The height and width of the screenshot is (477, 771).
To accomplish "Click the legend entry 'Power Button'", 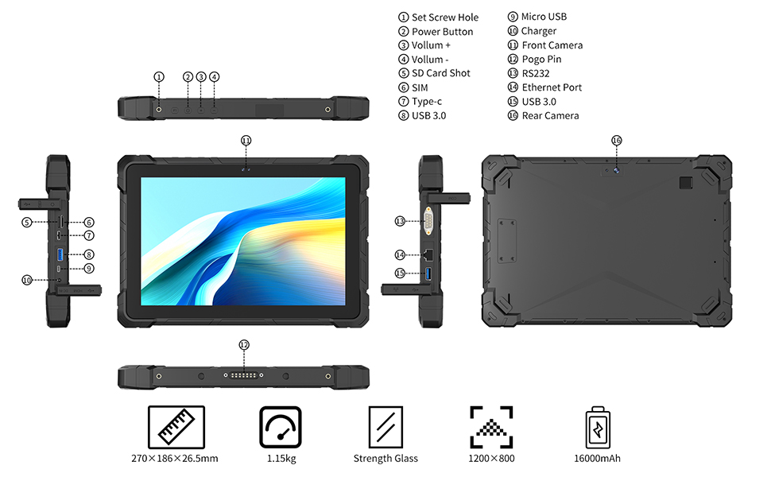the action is pos(442,32).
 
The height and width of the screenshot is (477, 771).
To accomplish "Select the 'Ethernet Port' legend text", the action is pos(552,87).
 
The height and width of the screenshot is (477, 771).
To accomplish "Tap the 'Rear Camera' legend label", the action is pos(550,115).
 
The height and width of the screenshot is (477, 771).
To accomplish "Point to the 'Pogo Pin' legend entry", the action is pos(541,60).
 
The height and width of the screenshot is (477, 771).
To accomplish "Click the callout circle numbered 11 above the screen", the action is pos(246,141).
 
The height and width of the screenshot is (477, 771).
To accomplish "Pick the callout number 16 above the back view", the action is pos(617,141).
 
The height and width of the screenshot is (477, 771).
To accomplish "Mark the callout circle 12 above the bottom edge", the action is pos(244,345).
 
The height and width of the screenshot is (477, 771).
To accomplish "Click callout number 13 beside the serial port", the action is pos(401,221).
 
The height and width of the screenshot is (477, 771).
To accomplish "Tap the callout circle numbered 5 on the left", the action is pos(27,223).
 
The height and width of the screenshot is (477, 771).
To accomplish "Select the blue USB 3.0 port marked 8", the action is pos(60,254).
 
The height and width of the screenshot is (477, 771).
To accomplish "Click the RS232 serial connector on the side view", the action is pos(428,221).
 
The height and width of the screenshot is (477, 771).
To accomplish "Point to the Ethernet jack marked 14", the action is pos(428,254).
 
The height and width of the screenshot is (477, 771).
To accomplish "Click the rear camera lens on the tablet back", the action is pos(616,170).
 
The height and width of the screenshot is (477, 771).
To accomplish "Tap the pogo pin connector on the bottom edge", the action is pos(244,375).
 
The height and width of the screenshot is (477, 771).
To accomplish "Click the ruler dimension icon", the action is pos(176,427).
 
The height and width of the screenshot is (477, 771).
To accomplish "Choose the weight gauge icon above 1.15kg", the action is pos(281,427).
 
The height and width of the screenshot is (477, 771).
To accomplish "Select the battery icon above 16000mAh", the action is pos(598,428).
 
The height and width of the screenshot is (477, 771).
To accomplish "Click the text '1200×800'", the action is pos(491,458).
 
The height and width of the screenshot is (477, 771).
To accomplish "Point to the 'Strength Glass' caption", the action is pos(385,458).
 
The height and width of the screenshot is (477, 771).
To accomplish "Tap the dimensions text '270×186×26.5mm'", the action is pos(175,458).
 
